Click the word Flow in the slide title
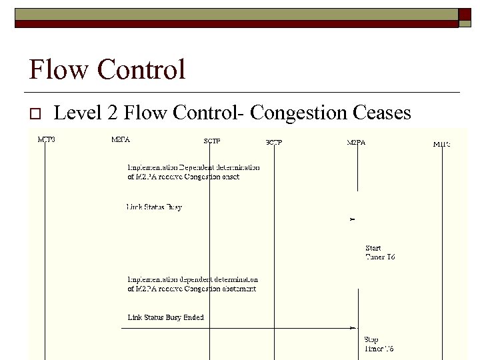[x=59, y=70]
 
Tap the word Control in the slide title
[x=140, y=70]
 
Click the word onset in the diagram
[x=229, y=177]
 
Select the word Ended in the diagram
[x=193, y=317]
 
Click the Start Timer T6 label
[x=380, y=253]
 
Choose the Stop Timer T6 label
[x=378, y=344]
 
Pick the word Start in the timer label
[x=373, y=248]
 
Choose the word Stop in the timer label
[x=371, y=339]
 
